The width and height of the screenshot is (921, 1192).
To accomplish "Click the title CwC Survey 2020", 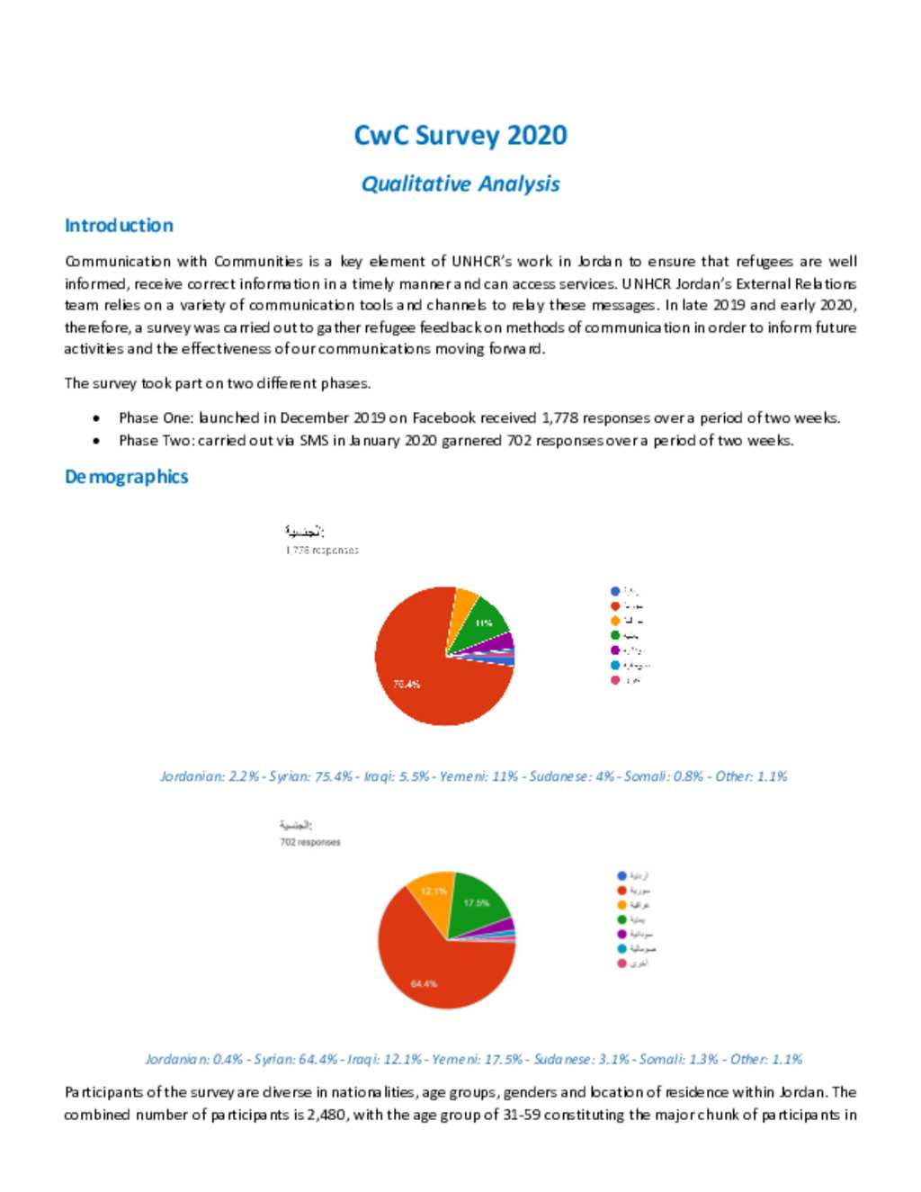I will [x=460, y=135].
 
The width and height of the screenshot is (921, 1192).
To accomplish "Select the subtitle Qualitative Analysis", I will [x=460, y=184].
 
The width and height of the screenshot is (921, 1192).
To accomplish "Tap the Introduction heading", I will [x=119, y=226].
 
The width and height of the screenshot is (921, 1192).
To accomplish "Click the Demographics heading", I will [x=126, y=477].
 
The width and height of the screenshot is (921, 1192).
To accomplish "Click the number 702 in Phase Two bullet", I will [x=518, y=441].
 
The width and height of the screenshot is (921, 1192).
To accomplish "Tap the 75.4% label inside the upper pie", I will [x=407, y=685].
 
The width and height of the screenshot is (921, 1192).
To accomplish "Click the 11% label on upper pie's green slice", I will [x=484, y=623].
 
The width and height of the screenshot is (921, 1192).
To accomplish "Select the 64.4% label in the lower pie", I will [x=424, y=983].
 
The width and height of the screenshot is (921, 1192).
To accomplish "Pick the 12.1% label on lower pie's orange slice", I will [x=434, y=892].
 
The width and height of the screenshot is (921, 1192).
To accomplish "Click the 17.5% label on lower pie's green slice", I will [x=477, y=902].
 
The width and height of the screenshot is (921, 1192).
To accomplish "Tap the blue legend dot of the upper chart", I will [x=615, y=591].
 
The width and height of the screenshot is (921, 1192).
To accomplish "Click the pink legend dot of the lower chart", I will [x=621, y=963].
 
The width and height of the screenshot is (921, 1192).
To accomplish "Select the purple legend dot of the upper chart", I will [x=615, y=650].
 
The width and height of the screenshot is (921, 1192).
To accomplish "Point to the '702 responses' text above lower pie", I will [x=310, y=843].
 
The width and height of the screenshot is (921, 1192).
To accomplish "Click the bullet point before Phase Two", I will [x=96, y=441].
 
